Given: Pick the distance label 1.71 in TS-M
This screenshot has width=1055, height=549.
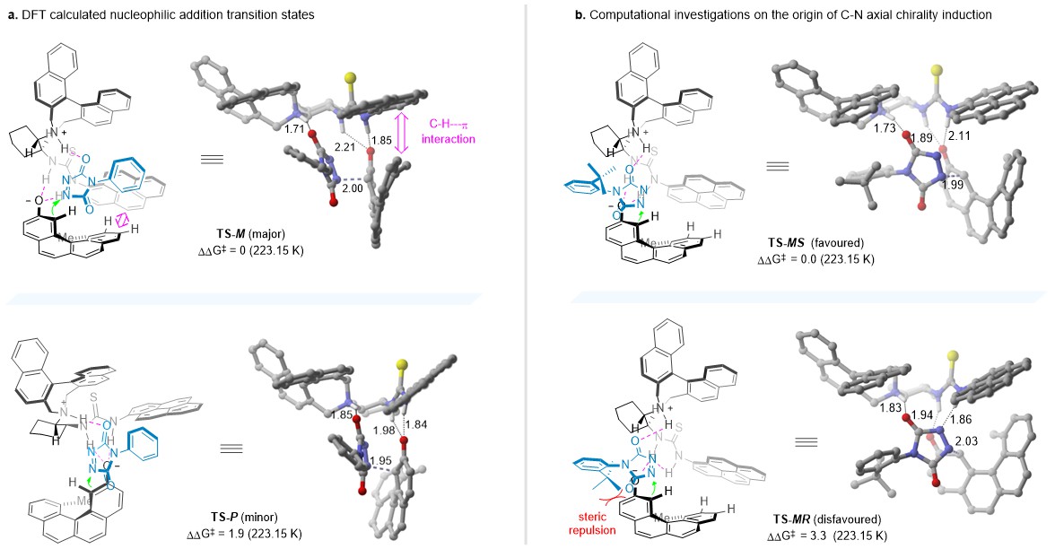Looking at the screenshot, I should coord(266,130).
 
